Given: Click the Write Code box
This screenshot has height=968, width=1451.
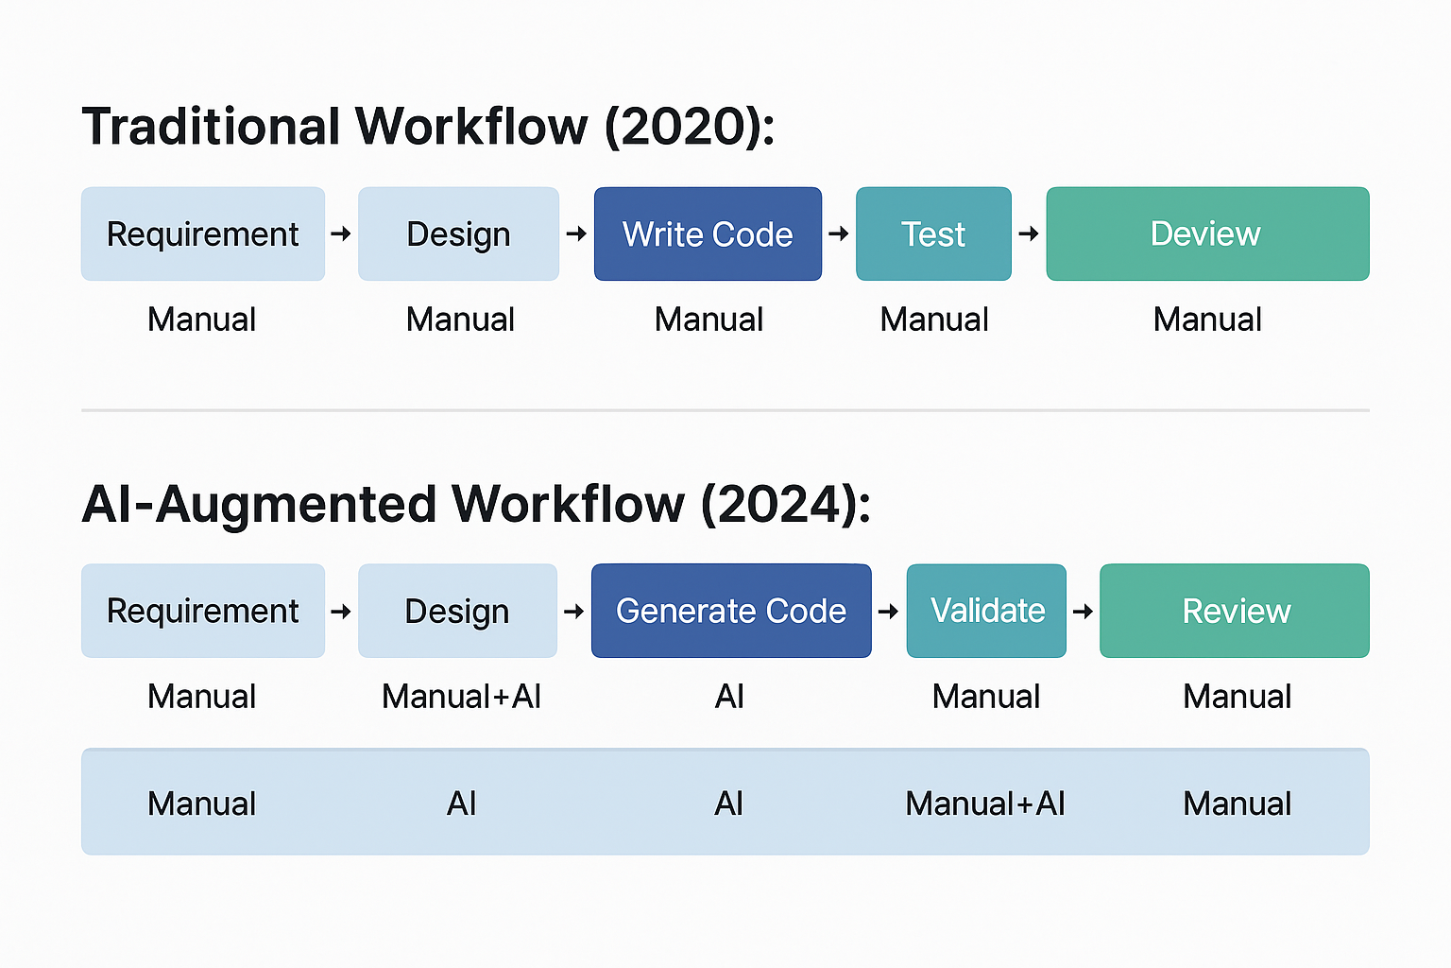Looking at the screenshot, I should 708,234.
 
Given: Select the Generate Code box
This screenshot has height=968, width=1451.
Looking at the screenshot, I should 731,611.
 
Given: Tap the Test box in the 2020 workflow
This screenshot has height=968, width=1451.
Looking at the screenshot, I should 933,234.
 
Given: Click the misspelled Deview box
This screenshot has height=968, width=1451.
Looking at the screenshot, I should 1207,234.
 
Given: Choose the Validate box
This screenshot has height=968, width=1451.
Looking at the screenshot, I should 986,611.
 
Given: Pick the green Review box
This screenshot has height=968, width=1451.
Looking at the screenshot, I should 1235,611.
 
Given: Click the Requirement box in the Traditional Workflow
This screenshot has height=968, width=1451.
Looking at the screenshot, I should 203,234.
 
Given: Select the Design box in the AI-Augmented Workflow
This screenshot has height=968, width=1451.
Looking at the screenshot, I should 457,611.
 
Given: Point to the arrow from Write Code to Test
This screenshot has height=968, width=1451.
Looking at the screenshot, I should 839,233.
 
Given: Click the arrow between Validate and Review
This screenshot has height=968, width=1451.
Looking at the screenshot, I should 1084,612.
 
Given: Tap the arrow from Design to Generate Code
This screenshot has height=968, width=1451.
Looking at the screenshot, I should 574,612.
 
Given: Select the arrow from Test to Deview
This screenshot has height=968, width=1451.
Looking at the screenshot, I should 1029,233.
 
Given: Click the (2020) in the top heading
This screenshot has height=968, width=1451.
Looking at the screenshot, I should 689,127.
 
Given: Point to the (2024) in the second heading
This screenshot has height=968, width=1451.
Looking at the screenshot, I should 785,504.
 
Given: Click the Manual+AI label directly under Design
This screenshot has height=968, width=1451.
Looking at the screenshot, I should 461,697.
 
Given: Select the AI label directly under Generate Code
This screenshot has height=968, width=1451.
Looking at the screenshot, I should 729,697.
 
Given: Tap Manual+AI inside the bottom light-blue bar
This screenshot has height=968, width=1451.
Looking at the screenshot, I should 985,804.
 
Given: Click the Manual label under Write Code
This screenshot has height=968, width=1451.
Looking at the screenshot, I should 708,320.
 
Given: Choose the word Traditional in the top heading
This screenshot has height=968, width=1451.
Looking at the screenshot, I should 211,127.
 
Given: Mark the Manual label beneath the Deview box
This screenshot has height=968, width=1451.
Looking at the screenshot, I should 1207,320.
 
